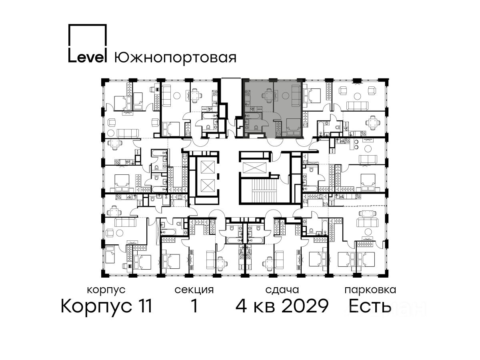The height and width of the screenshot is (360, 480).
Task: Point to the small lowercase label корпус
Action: pos(106,290)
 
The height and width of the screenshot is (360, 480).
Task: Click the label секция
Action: pos(194,290)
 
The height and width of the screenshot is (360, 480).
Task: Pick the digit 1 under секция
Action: pos(194,306)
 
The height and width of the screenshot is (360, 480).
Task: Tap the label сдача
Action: pos(282,290)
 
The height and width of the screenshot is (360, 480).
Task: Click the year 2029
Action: pos(305,306)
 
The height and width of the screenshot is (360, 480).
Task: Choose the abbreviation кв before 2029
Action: pos(264,308)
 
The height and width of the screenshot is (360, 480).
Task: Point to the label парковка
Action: pos(370,290)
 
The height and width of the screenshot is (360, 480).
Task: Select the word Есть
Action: pos(369,306)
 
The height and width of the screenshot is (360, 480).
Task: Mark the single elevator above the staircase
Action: pos(254,168)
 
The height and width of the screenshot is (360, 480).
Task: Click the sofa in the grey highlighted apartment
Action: pos(296,96)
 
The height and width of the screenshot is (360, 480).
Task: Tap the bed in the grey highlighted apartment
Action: pos(293,127)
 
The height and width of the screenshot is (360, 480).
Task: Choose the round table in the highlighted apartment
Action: pos(285,96)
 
